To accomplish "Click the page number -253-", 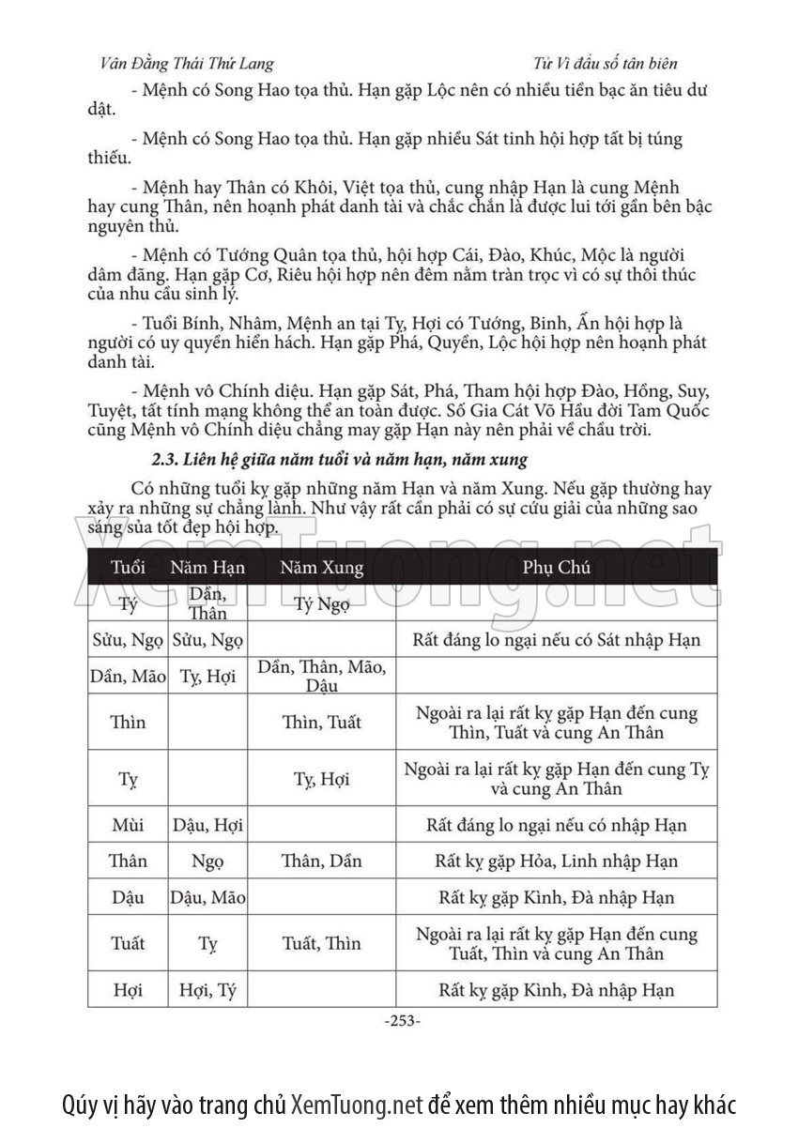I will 403,1020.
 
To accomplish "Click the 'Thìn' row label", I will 128,723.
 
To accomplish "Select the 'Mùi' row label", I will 128,826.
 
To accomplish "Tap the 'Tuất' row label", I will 128,943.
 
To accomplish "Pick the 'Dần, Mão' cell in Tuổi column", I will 128,676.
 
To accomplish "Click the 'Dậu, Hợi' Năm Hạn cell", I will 207,826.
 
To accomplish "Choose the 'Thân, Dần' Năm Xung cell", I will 321,861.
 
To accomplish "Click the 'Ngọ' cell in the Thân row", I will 207,861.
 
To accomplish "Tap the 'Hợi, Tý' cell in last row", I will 207,989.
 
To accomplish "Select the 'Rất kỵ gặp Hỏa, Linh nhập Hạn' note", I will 556,861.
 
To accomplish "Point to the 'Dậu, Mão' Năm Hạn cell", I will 207,896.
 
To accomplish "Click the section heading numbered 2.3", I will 339,461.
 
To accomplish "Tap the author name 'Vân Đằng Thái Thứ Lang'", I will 186,64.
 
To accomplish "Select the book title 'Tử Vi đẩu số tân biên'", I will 604,64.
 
